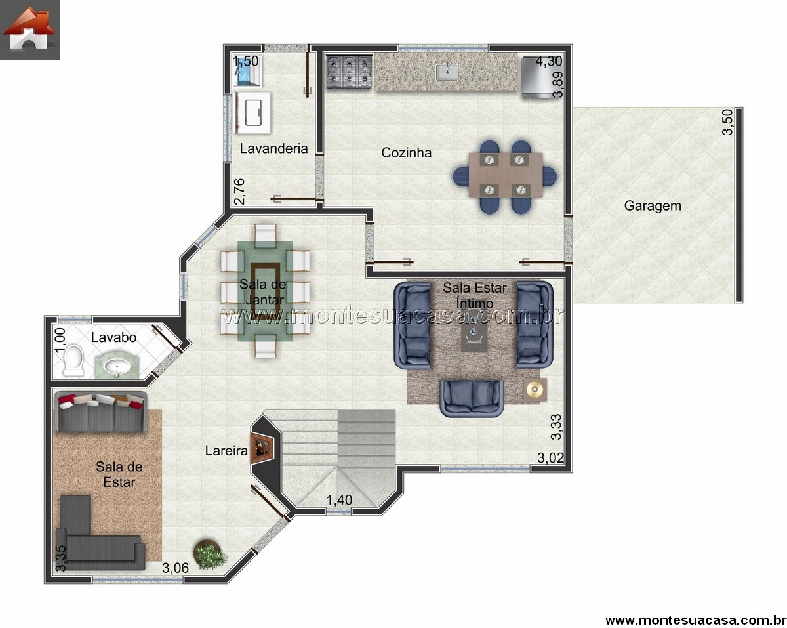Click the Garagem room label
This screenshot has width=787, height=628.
pos(653,206)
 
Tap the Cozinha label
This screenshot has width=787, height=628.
pos(407,153)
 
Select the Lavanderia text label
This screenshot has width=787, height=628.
pos(273,148)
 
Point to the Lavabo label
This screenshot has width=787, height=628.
pos(113,337)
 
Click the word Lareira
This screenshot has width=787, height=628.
pos(226,451)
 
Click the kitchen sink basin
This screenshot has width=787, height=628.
pos(447,72)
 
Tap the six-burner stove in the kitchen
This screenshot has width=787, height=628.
pos(349,72)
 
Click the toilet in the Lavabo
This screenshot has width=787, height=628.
pos(73,360)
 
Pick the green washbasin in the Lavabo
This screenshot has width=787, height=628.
pos(117,364)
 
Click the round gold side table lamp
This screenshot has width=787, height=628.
pos(534,390)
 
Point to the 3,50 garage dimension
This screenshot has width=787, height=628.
pos(727,122)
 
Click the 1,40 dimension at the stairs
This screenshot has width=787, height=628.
pos(339,500)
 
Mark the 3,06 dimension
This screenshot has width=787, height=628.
pos(176,568)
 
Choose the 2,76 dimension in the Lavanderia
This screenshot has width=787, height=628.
pos(239,192)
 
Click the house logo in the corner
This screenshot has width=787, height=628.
pos(30,30)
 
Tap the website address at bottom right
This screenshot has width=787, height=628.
pos(696,621)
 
